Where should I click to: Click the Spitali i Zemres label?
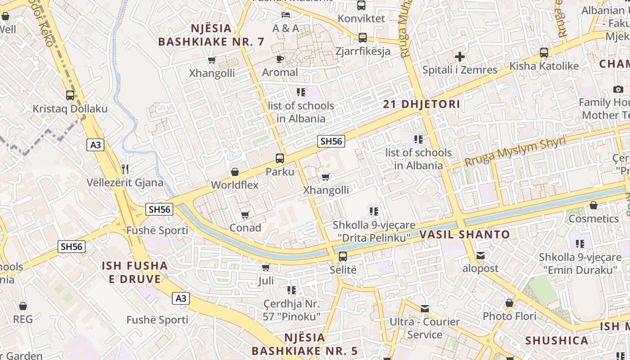(x=459, y=70)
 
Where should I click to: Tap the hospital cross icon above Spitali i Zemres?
(x=459, y=57)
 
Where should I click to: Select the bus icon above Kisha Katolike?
(x=544, y=53)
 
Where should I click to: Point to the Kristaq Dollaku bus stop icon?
(x=70, y=95)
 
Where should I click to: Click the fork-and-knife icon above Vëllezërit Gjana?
(x=125, y=169)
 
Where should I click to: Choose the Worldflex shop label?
(x=234, y=185)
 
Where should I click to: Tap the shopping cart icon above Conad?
(x=245, y=215)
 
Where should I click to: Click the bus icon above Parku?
(x=279, y=158)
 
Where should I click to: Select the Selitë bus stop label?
(x=342, y=270)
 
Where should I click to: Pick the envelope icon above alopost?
(x=481, y=256)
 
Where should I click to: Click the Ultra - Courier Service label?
(x=424, y=328)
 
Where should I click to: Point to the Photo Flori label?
(x=509, y=316)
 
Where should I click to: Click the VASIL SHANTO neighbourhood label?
(x=464, y=234)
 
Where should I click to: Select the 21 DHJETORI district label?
(x=421, y=104)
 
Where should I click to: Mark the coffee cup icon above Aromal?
(x=279, y=59)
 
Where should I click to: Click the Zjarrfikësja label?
(x=363, y=51)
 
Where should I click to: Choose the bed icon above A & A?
(x=285, y=15)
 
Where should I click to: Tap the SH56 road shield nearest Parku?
(x=331, y=141)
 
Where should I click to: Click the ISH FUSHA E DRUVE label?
(x=135, y=272)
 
